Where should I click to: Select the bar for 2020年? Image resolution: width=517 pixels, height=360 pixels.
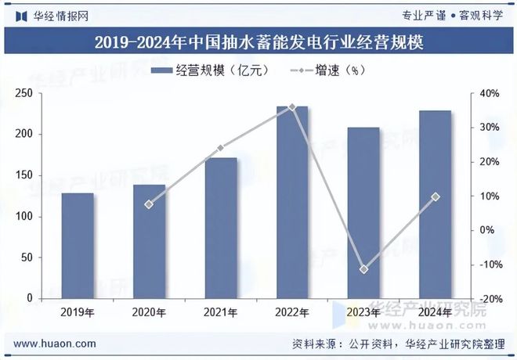(x=149, y=242)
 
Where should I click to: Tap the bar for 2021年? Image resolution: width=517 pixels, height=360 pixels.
(x=220, y=229)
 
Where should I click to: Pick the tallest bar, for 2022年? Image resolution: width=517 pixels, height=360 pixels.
(x=292, y=203)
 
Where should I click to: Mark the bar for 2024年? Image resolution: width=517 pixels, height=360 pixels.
(x=435, y=204)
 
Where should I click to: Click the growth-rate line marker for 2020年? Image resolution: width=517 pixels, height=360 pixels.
(x=149, y=204)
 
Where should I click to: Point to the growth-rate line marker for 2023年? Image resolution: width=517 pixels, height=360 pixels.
(x=363, y=269)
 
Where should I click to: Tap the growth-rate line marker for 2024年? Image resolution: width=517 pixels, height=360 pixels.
(x=436, y=196)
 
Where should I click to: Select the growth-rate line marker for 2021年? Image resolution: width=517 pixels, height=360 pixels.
(x=220, y=147)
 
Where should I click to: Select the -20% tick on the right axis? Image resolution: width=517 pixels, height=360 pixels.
(x=490, y=299)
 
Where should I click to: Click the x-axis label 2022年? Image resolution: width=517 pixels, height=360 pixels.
(x=292, y=312)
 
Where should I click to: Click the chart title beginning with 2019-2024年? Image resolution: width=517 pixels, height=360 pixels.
(x=258, y=42)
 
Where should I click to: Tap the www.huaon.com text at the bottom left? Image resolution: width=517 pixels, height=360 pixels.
(x=56, y=343)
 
